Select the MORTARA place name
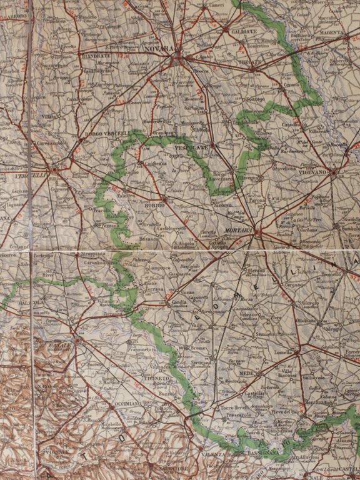point(237,230)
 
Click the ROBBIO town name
point(154,204)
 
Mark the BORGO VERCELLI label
point(107,133)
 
